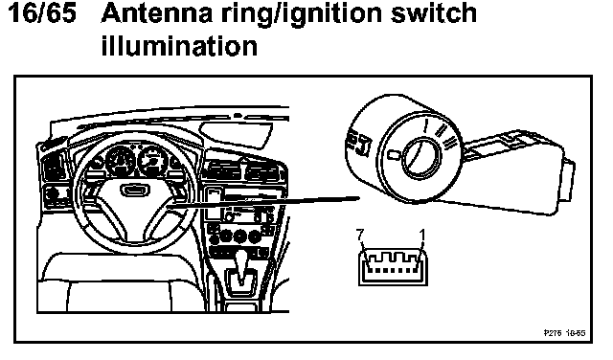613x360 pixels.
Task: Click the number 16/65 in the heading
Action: (x=42, y=12)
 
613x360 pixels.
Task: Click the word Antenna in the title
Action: (x=157, y=12)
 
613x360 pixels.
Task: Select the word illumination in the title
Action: (x=179, y=46)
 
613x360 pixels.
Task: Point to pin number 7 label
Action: (x=360, y=235)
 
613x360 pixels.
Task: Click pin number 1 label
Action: (x=421, y=235)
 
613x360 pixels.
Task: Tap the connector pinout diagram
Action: (x=393, y=267)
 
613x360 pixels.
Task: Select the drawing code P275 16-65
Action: (x=564, y=333)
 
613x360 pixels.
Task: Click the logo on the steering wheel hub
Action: (x=135, y=190)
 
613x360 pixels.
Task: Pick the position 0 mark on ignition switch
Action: (x=394, y=155)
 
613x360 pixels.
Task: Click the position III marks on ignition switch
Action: (x=449, y=142)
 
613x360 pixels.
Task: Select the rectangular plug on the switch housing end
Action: (x=567, y=181)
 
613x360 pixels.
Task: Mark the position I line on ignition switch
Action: (x=426, y=127)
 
